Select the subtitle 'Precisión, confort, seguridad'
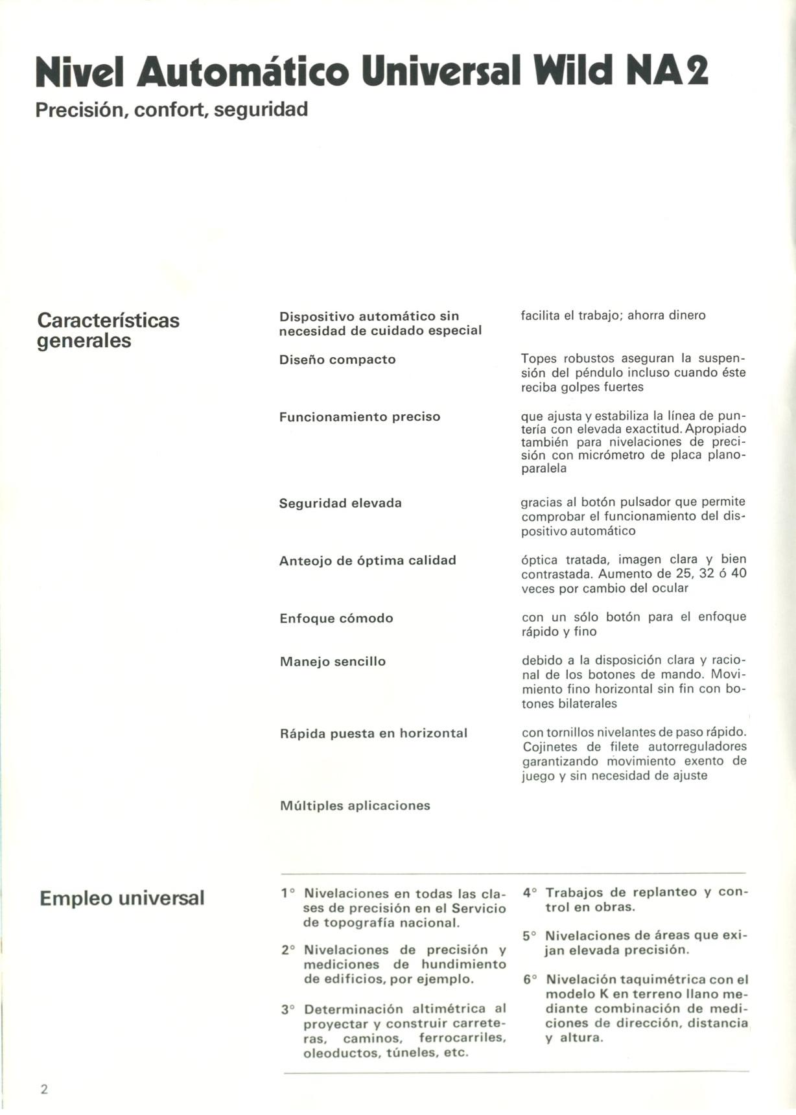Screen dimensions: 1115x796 coord(172,110)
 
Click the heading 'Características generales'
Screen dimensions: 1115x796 coord(108,330)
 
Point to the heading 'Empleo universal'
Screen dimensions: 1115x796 coord(122,898)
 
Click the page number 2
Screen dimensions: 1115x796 coord(44,1088)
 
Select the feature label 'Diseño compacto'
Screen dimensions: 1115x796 coord(337,359)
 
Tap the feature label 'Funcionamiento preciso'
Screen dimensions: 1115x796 coord(360,417)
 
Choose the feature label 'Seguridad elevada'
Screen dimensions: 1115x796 coord(340,503)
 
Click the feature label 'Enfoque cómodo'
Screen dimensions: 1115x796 coord(336,618)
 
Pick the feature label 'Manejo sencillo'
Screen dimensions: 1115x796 coord(333,662)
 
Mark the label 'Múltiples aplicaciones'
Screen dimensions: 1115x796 coord(355,806)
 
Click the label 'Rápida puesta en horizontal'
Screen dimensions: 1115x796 coord(373,734)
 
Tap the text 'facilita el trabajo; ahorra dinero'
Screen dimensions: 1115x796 coord(613,316)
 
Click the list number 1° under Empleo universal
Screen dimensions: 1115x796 coord(288,893)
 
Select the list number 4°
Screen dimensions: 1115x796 coord(530,893)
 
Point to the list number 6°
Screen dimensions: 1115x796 coord(530,980)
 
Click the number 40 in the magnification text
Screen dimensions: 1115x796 coord(738,574)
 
